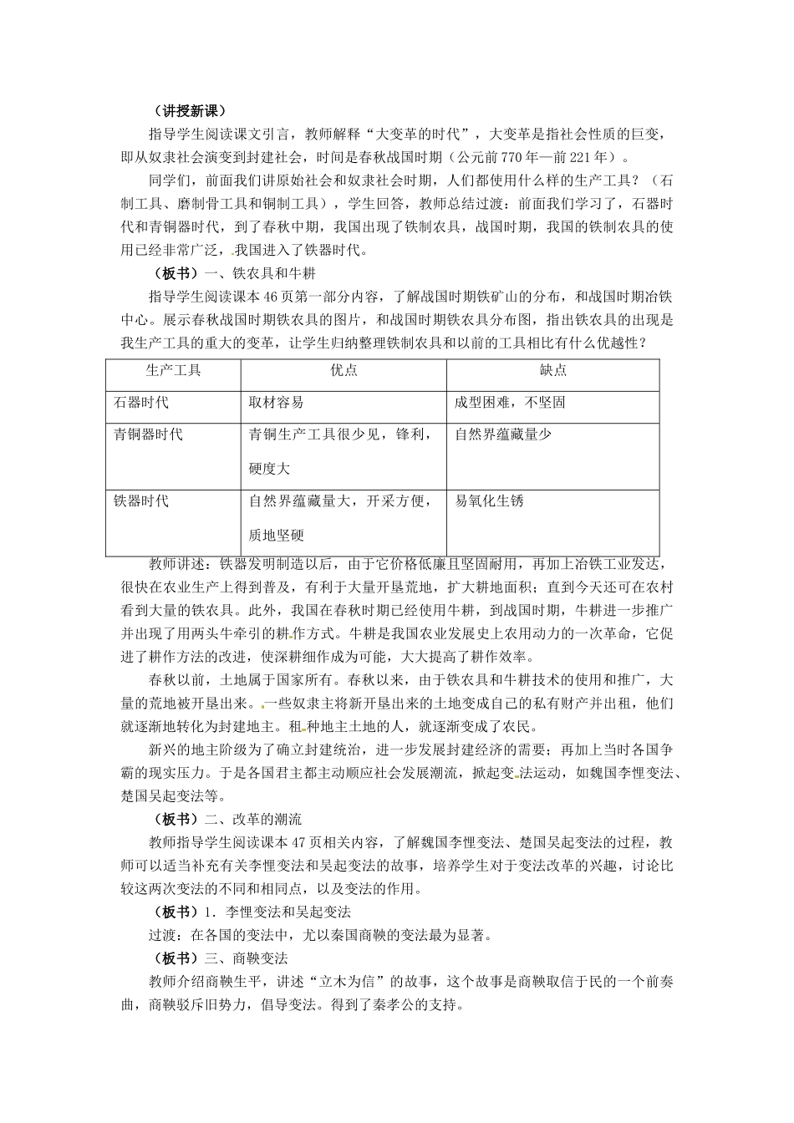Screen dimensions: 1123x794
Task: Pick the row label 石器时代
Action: click(x=141, y=403)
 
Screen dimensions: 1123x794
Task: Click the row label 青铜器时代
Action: click(x=148, y=434)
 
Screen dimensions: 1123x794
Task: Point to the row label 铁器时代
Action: click(x=141, y=501)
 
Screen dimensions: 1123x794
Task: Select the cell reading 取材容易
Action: click(x=276, y=403)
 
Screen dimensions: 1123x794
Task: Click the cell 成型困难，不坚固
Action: click(x=510, y=403)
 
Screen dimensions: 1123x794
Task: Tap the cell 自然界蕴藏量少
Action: click(x=503, y=434)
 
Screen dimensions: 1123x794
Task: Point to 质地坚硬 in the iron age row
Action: click(x=276, y=536)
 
